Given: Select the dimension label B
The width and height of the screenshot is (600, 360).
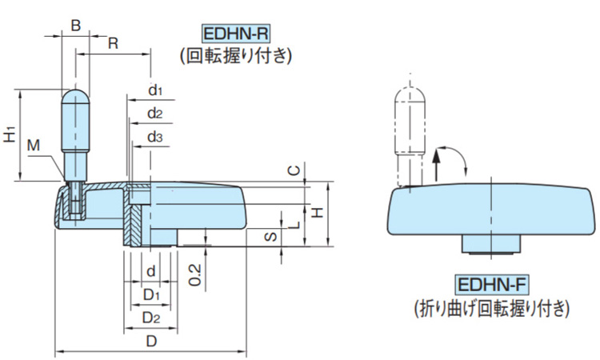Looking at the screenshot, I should point(75,26).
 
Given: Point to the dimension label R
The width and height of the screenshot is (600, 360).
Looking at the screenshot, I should point(114,43).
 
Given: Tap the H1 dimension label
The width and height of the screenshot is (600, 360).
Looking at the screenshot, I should point(9,134).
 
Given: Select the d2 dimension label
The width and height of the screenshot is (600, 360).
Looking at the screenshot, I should point(155,114).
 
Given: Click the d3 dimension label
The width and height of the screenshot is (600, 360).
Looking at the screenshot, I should point(155,138).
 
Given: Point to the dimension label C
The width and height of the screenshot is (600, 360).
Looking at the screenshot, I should point(294,170).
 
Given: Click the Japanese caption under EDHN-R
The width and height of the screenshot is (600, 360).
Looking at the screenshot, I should point(236,56).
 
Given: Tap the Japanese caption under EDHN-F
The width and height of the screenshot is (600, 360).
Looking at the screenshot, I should point(491,306).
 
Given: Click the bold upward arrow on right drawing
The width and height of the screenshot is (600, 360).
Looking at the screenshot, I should point(437,169).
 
